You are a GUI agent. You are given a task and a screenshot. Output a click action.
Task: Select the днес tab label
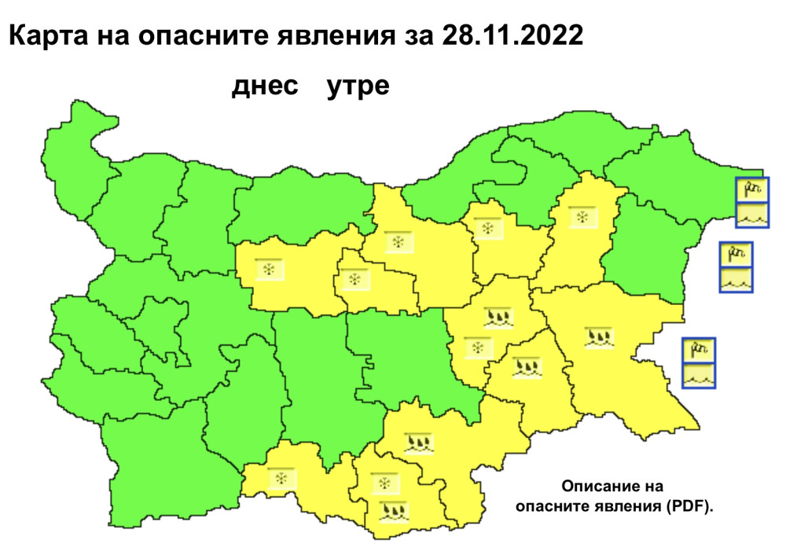[265, 86]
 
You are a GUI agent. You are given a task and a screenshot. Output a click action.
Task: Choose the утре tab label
[358, 86]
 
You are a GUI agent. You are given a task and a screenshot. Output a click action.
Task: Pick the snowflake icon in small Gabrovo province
[354, 280]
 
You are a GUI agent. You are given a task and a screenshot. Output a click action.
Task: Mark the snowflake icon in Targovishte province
[487, 230]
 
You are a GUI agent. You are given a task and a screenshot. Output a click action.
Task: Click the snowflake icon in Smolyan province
[278, 478]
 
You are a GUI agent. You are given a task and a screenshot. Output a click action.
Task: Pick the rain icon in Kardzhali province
[392, 513]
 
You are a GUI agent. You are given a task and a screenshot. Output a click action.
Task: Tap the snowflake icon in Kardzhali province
[385, 482]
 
